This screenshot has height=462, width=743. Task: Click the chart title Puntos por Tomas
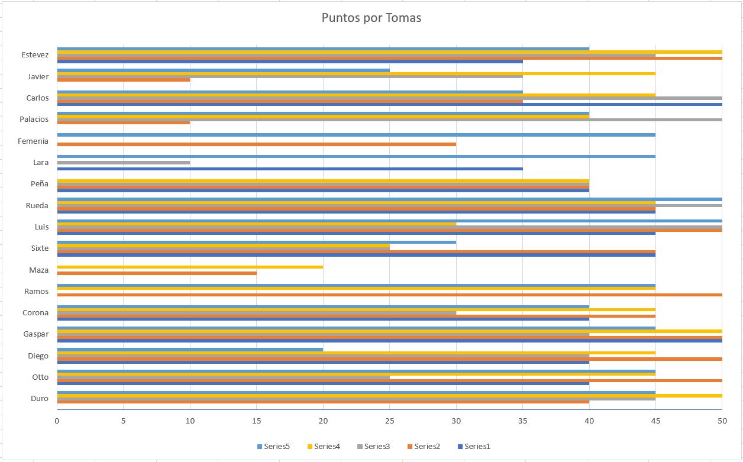(x=371, y=18)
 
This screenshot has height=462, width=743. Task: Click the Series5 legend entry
(x=273, y=446)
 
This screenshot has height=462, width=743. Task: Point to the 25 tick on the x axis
(x=389, y=421)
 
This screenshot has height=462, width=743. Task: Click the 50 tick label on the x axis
(x=722, y=421)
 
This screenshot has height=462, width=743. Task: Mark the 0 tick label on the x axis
(x=57, y=421)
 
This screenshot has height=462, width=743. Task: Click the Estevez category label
(x=35, y=55)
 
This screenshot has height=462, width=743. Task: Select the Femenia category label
(x=33, y=141)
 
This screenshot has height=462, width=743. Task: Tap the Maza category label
(x=39, y=270)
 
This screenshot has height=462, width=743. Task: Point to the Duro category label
(x=40, y=398)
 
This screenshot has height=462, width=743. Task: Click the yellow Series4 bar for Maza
(x=189, y=267)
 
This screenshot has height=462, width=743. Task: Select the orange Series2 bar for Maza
(x=157, y=273)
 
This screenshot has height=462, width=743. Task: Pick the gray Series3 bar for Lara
(x=123, y=162)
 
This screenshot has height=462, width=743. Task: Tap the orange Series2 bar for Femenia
(x=256, y=144)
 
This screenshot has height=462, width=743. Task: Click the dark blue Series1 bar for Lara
(x=290, y=169)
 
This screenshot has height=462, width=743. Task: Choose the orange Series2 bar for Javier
(x=123, y=80)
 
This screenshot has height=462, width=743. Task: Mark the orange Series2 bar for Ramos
(x=389, y=295)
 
